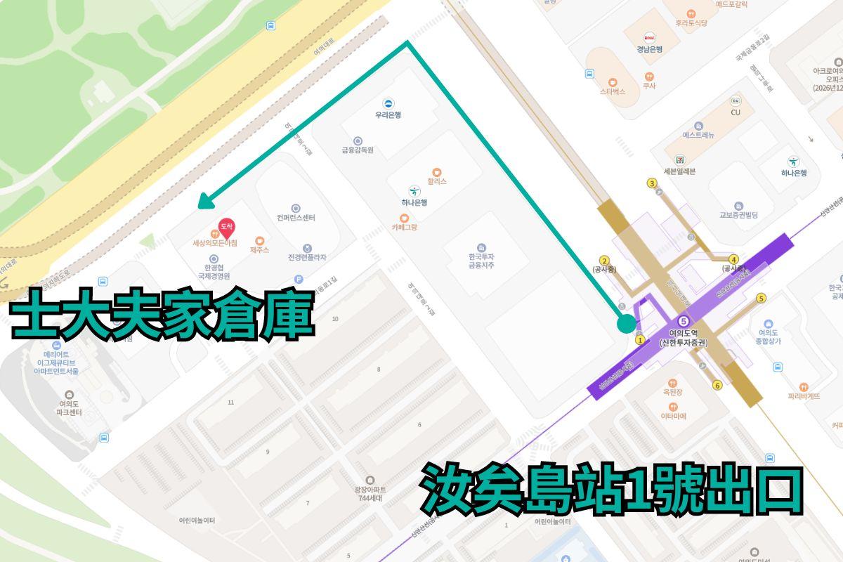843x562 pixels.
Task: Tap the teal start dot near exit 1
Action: tap(626, 323)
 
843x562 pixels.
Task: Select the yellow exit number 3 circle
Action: tap(652, 184)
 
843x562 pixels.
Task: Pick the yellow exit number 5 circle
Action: tap(761, 299)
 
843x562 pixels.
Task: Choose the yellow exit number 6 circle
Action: tap(717, 385)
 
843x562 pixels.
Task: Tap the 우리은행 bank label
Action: tap(388, 115)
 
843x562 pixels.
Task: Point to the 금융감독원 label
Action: tap(358, 150)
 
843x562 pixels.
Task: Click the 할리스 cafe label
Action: tap(436, 181)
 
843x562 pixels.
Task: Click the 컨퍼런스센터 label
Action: tap(296, 217)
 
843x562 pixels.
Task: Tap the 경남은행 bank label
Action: tap(650, 48)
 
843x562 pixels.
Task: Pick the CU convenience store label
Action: tap(736, 112)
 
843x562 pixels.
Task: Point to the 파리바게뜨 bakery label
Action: tap(804, 396)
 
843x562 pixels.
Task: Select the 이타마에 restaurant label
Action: tap(673, 416)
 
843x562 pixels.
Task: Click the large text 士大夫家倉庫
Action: tap(162, 318)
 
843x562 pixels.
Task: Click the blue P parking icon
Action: tap(298, 279)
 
